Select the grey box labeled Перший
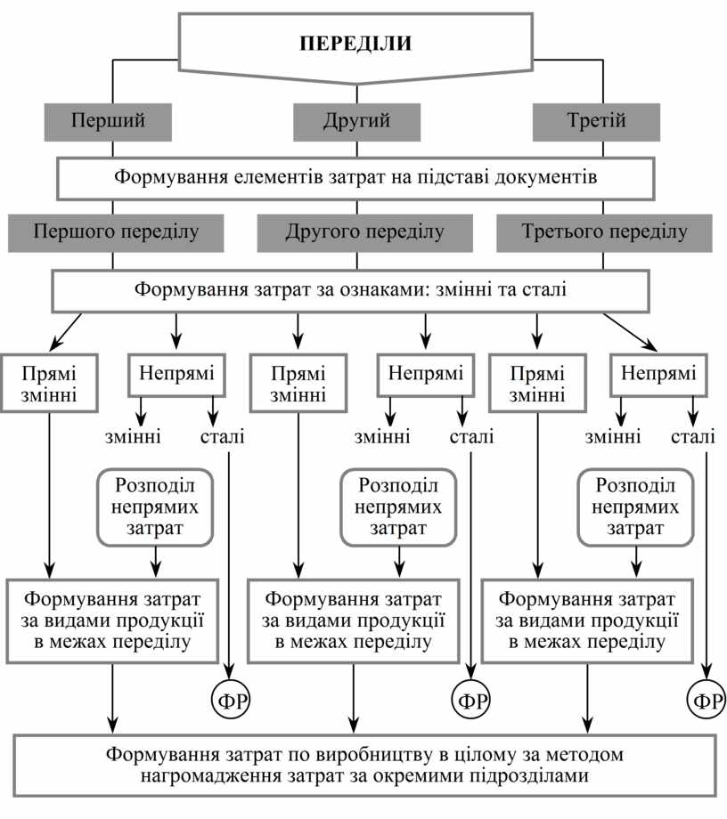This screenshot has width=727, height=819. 108,122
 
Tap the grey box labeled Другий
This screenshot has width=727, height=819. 355,122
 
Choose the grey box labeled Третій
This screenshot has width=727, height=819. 596,122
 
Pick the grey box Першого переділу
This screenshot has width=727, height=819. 116,233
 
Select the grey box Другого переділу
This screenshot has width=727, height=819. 364,233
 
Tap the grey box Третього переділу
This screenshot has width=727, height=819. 604,233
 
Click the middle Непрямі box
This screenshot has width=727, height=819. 426,374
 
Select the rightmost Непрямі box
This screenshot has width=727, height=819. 658,374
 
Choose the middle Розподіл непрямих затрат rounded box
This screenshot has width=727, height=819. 397,507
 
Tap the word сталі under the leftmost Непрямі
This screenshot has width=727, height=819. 222,436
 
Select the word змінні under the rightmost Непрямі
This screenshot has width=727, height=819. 612,436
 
